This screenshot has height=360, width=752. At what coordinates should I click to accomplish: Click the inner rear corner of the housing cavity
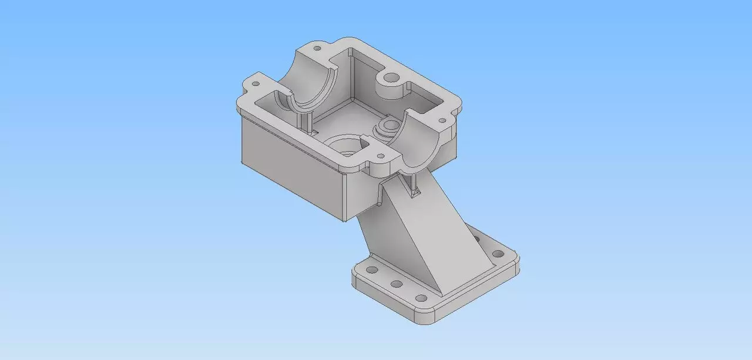(351, 56)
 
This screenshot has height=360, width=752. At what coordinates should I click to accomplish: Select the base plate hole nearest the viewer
(421, 297)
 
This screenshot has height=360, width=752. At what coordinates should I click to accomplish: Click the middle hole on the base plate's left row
(397, 284)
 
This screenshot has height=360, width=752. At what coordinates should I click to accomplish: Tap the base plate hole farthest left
(371, 271)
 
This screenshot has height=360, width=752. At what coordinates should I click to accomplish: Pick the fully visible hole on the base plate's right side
(498, 254)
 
